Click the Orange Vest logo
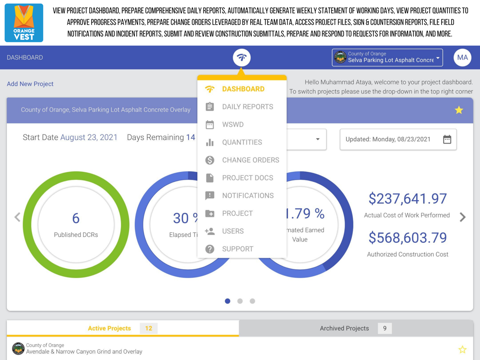[24, 23]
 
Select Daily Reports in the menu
[247, 107]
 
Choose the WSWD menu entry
[233, 124]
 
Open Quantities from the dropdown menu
[242, 142]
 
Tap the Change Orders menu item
[250, 160]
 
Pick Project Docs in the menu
[247, 178]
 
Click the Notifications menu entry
[248, 195]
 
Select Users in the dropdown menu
[233, 231]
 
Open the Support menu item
[238, 249]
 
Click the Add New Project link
[30, 84]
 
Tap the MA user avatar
[462, 58]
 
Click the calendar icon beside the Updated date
[447, 139]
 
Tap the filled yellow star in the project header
[459, 110]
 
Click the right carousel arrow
[463, 217]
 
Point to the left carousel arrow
[17, 217]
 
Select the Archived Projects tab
[345, 328]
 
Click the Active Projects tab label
[109, 328]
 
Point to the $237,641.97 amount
[408, 199]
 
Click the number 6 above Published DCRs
[76, 218]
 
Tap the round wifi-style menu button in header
[242, 58]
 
